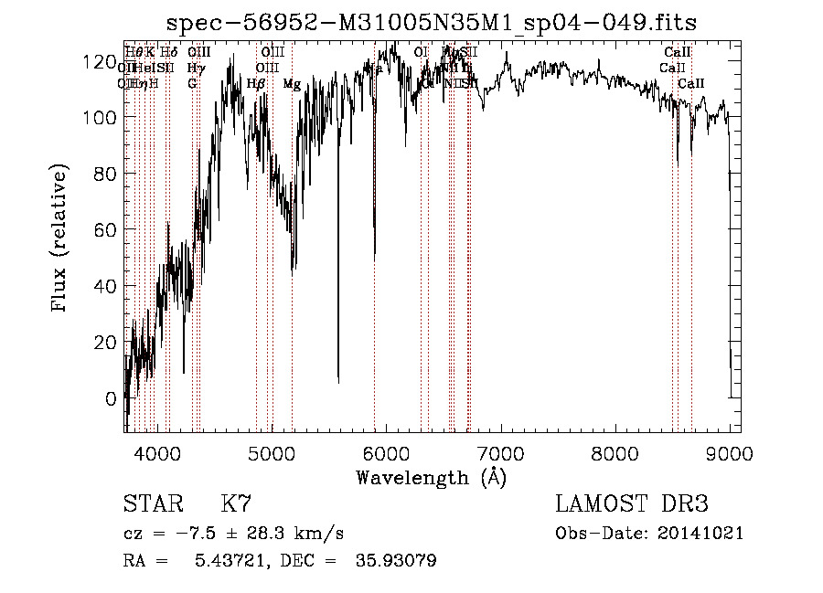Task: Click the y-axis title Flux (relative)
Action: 60,239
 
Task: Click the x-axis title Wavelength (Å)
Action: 431,477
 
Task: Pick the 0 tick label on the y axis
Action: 112,398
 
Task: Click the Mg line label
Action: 292,84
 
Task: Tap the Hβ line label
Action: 256,84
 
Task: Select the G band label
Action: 192,84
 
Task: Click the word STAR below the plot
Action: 152,504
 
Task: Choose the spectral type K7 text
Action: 236,504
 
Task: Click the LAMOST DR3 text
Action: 632,504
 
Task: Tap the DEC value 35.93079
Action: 395,561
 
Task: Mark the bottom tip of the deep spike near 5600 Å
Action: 338,382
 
